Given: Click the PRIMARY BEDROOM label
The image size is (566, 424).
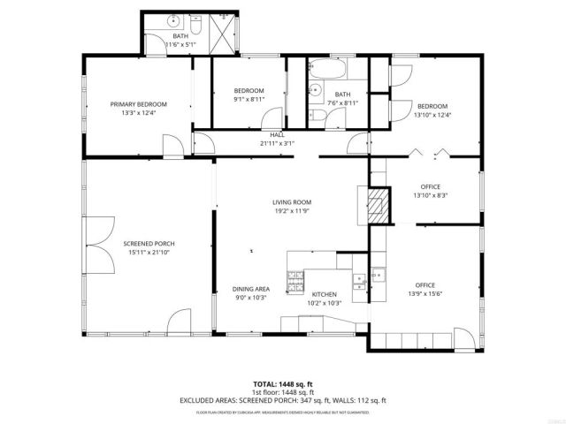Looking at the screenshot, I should (138, 104).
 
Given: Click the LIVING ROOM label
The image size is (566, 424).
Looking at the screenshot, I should (291, 202).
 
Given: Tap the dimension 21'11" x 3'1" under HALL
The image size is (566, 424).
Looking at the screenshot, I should (277, 143).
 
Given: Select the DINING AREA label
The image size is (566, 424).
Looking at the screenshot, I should (250, 289).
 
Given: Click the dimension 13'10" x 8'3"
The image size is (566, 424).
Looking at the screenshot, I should (431, 195).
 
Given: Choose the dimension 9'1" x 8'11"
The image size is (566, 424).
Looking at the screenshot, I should (249, 100).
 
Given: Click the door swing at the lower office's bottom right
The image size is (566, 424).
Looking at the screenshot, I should (463, 337).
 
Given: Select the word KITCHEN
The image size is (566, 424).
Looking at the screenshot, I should (325, 294).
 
